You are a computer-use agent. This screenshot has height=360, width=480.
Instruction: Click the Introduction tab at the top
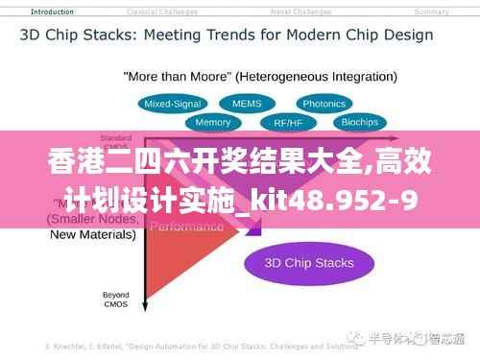[53, 12]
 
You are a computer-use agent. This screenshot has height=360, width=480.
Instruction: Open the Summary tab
[431, 12]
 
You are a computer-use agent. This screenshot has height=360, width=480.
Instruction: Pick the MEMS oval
[240, 103]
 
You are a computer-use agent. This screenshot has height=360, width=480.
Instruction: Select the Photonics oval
[324, 104]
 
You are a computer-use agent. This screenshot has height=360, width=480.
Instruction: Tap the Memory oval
[212, 123]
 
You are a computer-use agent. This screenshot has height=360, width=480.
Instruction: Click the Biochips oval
[359, 123]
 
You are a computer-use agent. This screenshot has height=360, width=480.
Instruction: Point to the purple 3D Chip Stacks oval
[309, 262]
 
